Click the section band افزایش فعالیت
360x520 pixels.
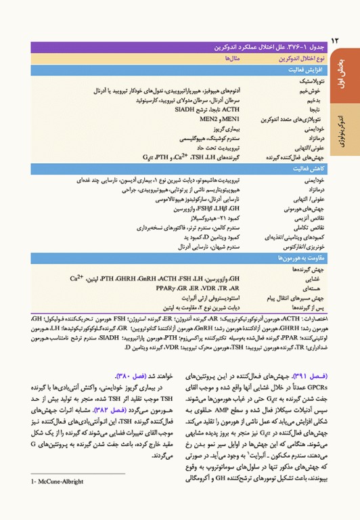[305, 70]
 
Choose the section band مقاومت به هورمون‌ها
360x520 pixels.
[297, 259]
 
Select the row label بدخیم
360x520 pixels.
[319, 99]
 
